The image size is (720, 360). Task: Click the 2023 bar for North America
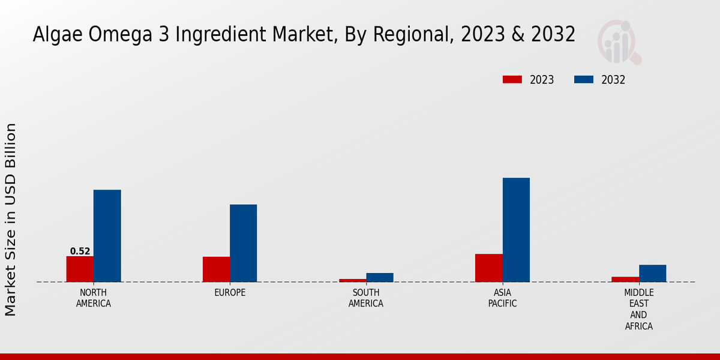point(80,269)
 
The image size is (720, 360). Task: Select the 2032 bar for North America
point(107,236)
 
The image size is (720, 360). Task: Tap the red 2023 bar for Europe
point(216,269)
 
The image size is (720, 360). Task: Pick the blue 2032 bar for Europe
point(243,243)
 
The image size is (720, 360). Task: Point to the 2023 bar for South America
point(353,280)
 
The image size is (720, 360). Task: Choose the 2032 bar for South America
point(380,277)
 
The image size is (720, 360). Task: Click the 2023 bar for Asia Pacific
point(489,268)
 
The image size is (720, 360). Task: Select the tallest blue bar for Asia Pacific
point(516,230)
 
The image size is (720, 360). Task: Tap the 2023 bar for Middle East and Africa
point(625,279)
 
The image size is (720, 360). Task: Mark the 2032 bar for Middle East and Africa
point(652,273)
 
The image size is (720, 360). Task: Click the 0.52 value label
point(80,251)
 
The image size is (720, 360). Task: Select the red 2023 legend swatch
point(512,80)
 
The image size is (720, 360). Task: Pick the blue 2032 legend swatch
point(584,80)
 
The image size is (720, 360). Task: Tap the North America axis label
point(94,298)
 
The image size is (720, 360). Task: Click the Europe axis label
point(230,293)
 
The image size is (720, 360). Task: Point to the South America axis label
point(366,298)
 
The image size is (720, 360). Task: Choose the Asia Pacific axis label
point(503,298)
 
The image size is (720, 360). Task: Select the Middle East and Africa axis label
point(639,310)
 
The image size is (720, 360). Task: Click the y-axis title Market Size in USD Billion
point(11,220)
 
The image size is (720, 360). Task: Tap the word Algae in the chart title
point(58,35)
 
